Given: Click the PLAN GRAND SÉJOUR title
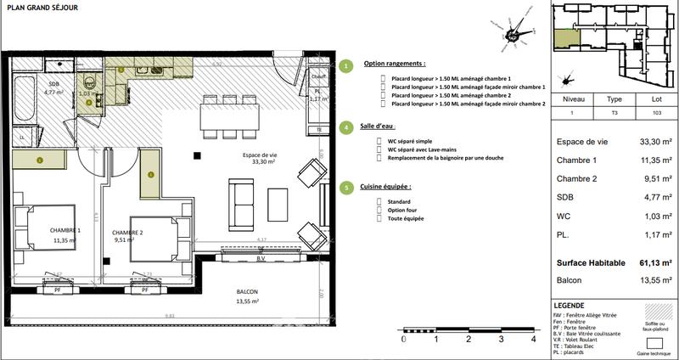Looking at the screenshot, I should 44,8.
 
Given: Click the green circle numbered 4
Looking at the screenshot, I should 345,127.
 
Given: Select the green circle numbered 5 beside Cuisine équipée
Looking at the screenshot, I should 345,188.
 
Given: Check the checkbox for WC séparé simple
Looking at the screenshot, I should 382,138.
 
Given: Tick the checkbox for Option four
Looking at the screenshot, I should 382,209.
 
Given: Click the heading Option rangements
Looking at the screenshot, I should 395,64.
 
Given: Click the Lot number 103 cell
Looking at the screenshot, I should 656,112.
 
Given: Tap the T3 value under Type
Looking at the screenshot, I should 615,112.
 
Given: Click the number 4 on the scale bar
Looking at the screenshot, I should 533,339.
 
